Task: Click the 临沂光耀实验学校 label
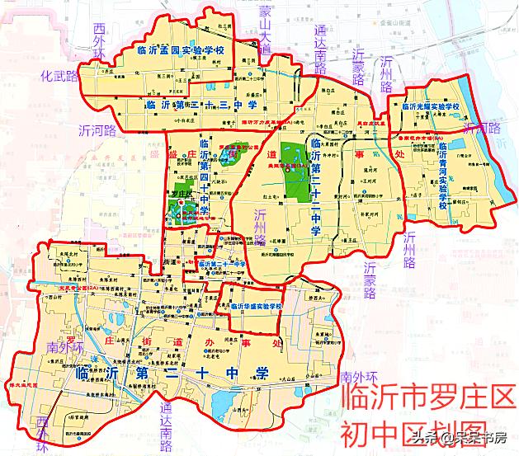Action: (430, 107)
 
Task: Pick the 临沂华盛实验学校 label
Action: (255, 307)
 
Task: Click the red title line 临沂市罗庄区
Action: (427, 398)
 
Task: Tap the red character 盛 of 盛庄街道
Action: (172, 154)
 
